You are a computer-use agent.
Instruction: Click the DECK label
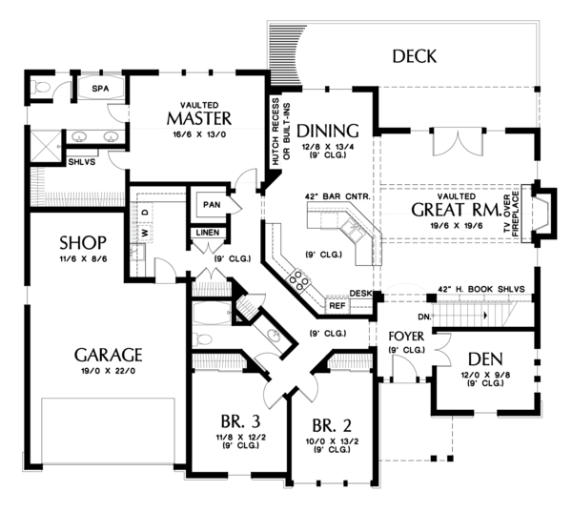(414, 57)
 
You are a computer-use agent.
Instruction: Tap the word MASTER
(198, 118)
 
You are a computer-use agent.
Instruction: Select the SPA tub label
(100, 88)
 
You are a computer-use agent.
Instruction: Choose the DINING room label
(327, 131)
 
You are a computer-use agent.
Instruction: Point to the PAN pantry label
(210, 204)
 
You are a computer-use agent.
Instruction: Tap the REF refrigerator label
(337, 306)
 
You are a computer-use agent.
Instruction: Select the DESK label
(359, 294)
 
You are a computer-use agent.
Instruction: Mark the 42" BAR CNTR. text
(337, 196)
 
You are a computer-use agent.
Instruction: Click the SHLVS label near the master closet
(81, 162)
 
